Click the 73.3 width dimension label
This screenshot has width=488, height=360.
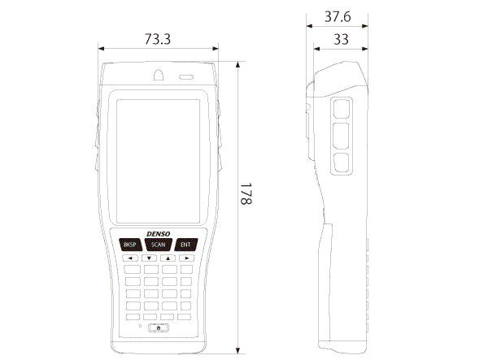[158, 39]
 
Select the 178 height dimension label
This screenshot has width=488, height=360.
[246, 193]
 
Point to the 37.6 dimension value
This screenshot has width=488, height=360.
[338, 16]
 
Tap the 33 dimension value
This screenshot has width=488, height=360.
[341, 40]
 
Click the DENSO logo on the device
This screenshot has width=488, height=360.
[159, 234]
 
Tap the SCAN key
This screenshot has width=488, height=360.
[159, 245]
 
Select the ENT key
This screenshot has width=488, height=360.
[185, 245]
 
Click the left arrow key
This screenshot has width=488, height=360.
[131, 258]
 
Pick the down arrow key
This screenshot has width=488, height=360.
[150, 258]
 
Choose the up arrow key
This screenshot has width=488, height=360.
[168, 258]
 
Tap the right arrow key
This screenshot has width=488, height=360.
[186, 258]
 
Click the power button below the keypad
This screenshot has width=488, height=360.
[159, 328]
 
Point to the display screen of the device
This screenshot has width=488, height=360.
[159, 162]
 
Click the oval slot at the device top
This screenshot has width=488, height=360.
[186, 76]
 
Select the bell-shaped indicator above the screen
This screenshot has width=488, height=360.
[159, 75]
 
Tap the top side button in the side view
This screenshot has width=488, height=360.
[342, 109]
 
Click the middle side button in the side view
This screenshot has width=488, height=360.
[341, 136]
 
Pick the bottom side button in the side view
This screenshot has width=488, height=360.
[341, 163]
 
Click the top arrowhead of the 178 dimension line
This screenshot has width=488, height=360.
[237, 64]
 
